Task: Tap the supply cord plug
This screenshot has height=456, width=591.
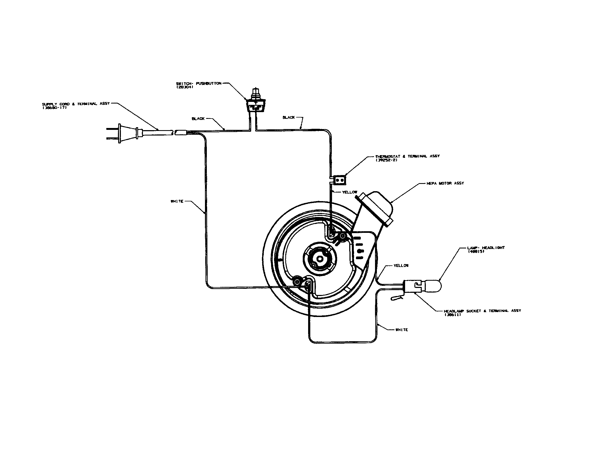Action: tap(127, 134)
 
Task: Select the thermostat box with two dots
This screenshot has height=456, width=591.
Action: tap(340, 180)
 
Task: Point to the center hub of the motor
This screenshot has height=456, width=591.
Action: tap(320, 259)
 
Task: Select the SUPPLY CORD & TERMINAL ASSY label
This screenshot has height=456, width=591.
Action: tap(76, 104)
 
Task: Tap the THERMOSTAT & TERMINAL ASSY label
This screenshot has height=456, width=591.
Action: tap(407, 156)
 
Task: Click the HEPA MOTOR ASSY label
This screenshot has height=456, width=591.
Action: tap(445, 183)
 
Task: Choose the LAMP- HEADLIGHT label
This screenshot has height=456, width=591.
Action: tap(486, 248)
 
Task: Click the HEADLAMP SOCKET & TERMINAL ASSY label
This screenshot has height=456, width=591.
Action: tap(482, 311)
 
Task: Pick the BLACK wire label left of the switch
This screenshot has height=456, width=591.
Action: tap(198, 119)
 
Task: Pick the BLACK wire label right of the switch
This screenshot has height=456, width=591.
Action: tap(289, 117)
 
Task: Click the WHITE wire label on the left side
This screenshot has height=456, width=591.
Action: tap(177, 201)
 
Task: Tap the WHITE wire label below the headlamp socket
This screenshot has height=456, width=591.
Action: tap(402, 330)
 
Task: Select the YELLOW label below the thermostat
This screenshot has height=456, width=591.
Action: tap(349, 192)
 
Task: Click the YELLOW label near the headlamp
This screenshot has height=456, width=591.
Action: tap(401, 266)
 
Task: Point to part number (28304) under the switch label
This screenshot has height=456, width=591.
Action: tap(185, 87)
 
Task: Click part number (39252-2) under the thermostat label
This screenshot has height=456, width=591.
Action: tap(386, 160)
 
